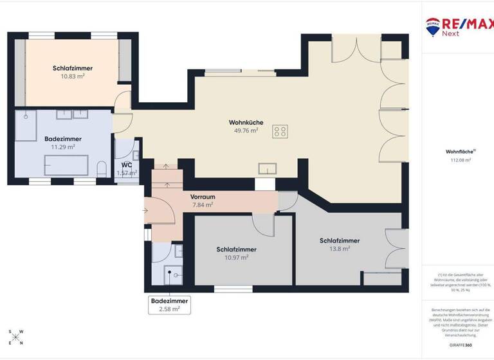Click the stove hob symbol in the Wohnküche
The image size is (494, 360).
coord(280,131)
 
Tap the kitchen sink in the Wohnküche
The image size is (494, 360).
coord(267,168)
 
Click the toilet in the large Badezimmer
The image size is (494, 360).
coord(101,170)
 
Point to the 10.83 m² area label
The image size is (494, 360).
coord(68,76)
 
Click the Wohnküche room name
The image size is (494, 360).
coord(246,122)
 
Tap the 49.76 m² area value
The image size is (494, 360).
coord(246,130)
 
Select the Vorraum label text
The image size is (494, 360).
coord(203,197)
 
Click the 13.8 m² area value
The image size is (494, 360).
coord(339,249)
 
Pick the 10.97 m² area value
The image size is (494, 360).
coord(236,257)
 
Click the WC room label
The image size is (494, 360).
coord(126,165)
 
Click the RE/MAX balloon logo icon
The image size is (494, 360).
coord(432,25)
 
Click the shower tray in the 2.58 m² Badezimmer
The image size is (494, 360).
coord(172,274)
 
